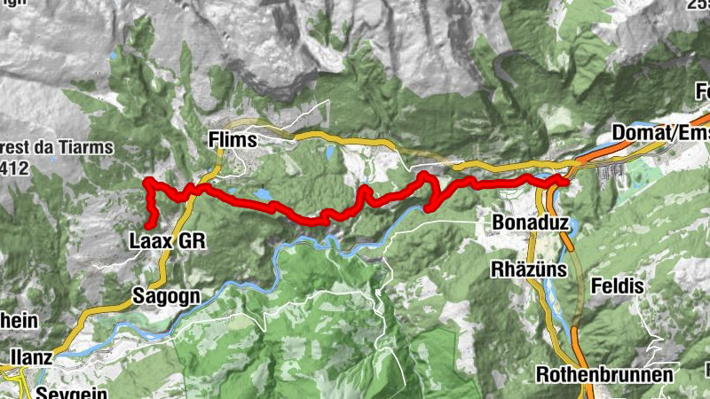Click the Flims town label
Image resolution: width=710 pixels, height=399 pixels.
point(232,140)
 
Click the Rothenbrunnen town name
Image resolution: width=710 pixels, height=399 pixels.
point(604,374)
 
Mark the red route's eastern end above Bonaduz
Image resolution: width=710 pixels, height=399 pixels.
point(564,180)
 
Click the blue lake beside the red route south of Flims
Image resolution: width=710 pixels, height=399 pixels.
point(263,193)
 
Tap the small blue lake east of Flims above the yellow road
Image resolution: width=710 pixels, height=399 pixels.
point(330,153)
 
